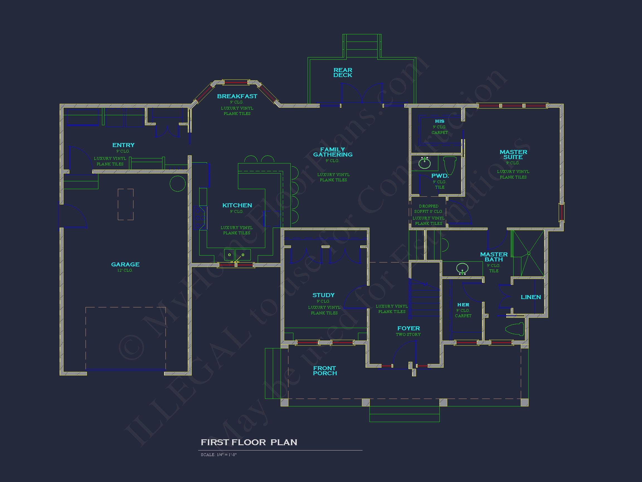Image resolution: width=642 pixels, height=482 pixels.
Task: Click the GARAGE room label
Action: [x=125, y=264]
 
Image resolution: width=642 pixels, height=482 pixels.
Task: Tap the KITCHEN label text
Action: [x=237, y=205]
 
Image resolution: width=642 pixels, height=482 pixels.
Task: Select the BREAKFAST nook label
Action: [x=237, y=96]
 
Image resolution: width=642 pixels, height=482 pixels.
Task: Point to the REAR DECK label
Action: [x=343, y=73]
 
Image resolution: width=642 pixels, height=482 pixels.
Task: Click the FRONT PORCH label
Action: [x=325, y=371]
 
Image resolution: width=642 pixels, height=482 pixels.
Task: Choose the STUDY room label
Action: [x=324, y=295]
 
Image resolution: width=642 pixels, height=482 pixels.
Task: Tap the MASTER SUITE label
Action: [x=513, y=155]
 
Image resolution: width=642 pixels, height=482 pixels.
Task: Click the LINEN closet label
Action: [x=531, y=297]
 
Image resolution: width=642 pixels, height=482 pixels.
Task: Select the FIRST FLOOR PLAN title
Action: [x=249, y=442]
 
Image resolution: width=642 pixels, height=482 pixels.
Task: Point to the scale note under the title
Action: [x=218, y=455]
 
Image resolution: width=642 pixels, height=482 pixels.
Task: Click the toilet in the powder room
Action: [x=450, y=165]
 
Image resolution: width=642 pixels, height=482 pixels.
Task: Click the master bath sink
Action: [x=462, y=268]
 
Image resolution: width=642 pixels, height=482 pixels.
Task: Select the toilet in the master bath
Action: [x=515, y=329]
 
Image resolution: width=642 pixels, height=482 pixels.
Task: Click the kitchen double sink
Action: [x=237, y=255]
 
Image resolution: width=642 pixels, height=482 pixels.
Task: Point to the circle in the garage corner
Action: [x=177, y=184]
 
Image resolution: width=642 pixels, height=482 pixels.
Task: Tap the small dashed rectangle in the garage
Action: [x=126, y=204]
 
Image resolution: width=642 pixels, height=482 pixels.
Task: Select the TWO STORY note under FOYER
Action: [x=408, y=335]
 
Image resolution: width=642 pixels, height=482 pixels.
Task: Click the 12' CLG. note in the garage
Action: [x=125, y=271]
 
